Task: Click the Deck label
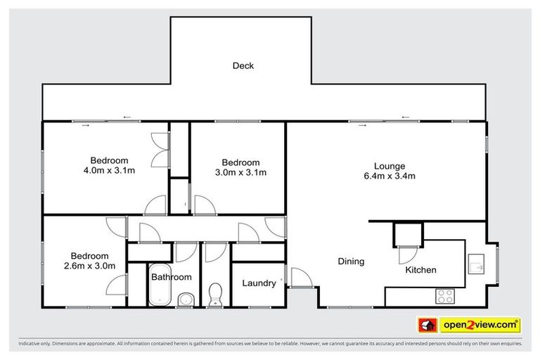tap(243, 66)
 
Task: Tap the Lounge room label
tap(385, 166)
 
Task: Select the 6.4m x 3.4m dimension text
tap(385, 176)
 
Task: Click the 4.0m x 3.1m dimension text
tap(109, 169)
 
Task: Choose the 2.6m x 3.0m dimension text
tap(89, 266)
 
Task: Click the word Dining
tap(351, 262)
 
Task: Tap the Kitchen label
tap(421, 270)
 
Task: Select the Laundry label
tap(259, 283)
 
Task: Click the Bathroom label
tap(172, 277)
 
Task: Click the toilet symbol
tap(216, 295)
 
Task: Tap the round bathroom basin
tap(185, 300)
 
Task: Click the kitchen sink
tap(476, 263)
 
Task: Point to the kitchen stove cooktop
tap(446, 295)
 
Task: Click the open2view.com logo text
tap(480, 325)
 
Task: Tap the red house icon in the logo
tap(426, 325)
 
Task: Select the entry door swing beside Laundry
tap(297, 278)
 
